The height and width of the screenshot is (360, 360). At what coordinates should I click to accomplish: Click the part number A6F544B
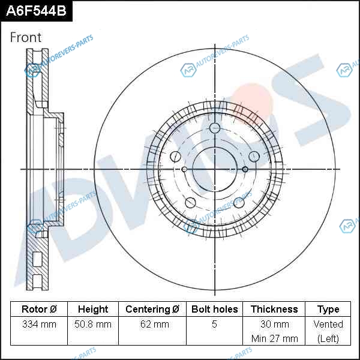click(36, 11)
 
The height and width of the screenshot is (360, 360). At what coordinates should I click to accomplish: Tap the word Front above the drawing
click(26, 37)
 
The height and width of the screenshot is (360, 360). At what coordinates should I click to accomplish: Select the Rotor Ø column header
click(39, 309)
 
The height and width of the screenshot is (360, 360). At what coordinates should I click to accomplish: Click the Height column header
click(93, 309)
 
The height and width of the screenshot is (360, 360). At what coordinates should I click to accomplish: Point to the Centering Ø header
click(152, 309)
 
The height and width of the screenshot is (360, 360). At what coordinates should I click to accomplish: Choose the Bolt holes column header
click(214, 309)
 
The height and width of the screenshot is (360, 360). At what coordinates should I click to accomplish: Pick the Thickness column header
click(274, 309)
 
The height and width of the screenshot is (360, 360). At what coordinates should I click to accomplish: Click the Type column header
click(328, 310)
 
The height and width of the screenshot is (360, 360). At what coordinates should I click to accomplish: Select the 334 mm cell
click(39, 324)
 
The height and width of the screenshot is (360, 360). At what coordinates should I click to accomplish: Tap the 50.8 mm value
click(93, 324)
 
